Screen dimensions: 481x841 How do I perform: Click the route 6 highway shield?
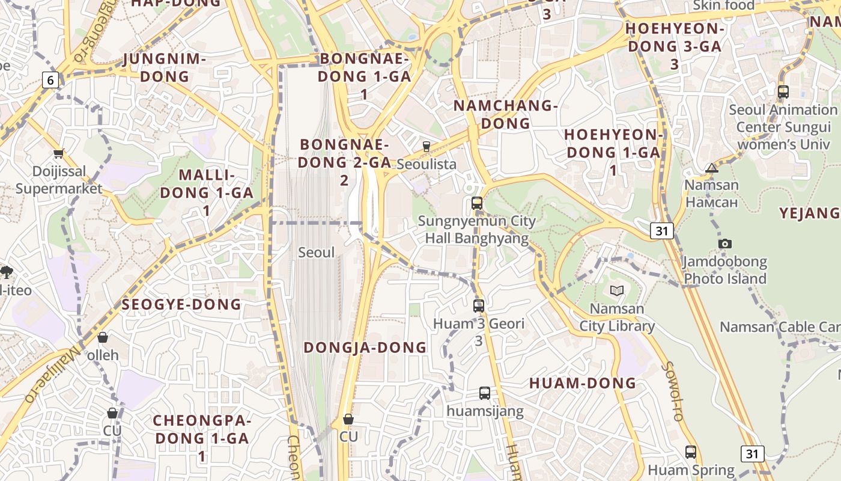coord(50,79)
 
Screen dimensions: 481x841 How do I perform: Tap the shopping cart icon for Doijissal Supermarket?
coord(59,154)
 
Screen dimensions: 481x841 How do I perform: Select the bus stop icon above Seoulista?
coord(427,146)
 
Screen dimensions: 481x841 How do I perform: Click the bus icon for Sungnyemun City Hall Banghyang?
coord(477,203)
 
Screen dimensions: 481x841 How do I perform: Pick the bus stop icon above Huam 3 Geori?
coord(479,305)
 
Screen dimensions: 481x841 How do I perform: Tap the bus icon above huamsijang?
coord(485,393)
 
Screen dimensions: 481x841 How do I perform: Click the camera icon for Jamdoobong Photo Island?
coord(725,244)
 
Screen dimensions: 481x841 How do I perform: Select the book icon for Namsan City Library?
coord(617,291)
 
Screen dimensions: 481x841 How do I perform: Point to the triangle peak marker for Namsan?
coord(712,168)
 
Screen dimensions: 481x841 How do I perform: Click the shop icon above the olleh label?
coord(103,337)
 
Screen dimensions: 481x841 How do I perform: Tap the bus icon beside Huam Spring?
coord(691,452)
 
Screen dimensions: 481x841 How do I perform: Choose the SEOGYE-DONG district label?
coord(181,304)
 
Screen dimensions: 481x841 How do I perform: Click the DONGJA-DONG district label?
coord(365,348)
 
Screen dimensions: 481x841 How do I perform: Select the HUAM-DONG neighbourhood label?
coord(583,383)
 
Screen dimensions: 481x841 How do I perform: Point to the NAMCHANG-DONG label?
coord(506,114)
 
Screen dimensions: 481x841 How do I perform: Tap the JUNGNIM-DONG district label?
coord(165,68)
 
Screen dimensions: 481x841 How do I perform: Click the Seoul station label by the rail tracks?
coord(317,253)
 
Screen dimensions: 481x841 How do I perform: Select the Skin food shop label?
coord(724,5)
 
